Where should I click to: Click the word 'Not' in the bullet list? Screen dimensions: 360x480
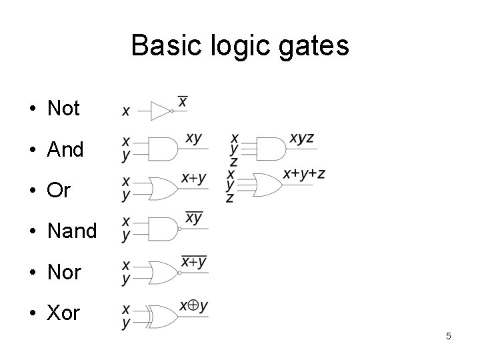tap(63, 108)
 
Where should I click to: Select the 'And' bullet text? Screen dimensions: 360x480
tap(65, 149)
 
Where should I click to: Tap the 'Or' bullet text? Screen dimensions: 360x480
tap(59, 191)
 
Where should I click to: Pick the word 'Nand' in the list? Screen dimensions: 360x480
tap(72, 231)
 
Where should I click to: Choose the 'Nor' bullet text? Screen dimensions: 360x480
tap(64, 272)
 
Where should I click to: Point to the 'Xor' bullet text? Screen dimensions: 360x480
tap(63, 313)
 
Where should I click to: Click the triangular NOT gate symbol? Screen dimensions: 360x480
tap(161, 111)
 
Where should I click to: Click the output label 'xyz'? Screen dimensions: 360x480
tap(301, 139)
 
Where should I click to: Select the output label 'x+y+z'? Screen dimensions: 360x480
tap(304, 173)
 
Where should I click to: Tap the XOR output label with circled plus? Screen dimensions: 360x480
tap(193, 305)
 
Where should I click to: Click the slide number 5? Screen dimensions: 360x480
tap(449, 336)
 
